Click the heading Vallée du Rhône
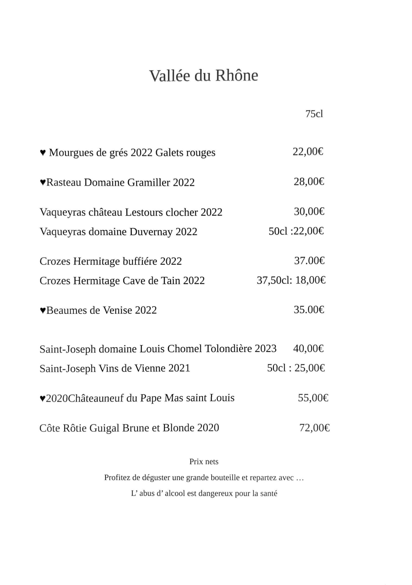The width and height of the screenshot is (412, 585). click(203, 76)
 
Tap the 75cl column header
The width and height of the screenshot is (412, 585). click(314, 114)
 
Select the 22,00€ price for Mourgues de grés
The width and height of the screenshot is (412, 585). click(308, 152)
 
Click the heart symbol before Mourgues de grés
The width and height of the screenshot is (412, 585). click(43, 153)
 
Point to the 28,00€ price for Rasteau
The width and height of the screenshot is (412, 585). click(309, 182)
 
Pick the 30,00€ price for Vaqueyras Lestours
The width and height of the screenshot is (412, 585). click(309, 211)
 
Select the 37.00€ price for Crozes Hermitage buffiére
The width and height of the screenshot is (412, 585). click(309, 261)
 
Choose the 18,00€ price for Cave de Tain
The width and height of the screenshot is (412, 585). click(310, 280)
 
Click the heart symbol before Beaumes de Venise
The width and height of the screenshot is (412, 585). click(43, 310)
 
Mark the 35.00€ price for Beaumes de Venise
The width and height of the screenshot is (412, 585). click(309, 310)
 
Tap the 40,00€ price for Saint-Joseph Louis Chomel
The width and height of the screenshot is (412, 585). click(308, 348)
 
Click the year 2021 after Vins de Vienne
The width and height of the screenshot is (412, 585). click(179, 368)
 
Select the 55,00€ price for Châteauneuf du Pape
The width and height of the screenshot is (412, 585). click(313, 398)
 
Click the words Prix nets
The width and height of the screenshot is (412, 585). click(204, 462)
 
